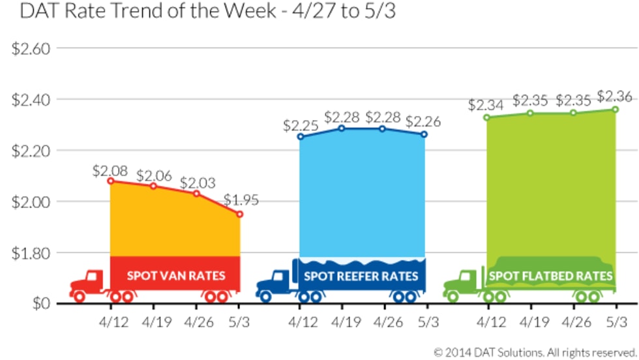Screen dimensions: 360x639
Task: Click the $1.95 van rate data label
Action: click(241, 200)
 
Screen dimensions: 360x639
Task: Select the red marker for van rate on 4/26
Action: click(196, 193)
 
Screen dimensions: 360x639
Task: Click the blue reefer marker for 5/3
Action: click(424, 134)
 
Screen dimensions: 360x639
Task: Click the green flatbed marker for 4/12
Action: click(486, 117)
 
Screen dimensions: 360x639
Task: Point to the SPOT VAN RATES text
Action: click(176, 275)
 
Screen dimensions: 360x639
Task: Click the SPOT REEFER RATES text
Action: click(361, 276)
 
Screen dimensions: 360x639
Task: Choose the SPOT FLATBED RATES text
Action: click(550, 276)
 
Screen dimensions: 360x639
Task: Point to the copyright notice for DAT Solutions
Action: click(535, 352)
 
